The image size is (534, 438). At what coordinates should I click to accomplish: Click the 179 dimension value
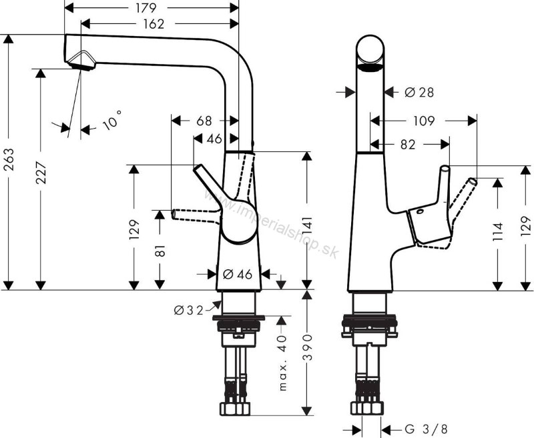pos(146,8)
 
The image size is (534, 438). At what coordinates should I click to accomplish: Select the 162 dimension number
pos(154,24)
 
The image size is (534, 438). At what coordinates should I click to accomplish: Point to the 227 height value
pos(41,173)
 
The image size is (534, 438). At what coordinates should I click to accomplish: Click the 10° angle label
pos(112,120)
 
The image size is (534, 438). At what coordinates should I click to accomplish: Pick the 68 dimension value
pos(204,121)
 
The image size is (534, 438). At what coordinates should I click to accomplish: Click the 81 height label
pos(160,251)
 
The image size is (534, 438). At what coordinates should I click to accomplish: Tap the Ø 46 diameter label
pos(238,274)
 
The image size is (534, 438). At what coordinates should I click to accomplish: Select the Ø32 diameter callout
pos(189,310)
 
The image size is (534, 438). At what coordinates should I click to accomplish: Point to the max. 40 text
pos(282,363)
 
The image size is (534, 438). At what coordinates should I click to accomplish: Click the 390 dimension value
pos(308,347)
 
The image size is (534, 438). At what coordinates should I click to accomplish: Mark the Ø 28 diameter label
pos(419,92)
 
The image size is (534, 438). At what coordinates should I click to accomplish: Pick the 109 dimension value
pos(424,121)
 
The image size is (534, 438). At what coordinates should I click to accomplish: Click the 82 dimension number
pos(408,145)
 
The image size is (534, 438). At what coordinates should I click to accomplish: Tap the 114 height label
pos(498,231)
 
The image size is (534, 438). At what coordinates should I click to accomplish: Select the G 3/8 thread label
pos(426,429)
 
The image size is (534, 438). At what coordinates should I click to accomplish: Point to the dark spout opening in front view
pos(370,69)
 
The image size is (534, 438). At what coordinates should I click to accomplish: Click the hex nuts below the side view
pos(235,409)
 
